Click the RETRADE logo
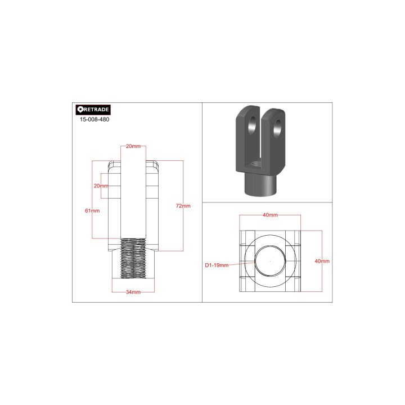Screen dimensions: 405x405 [93, 110]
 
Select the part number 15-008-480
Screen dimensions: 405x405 [95, 120]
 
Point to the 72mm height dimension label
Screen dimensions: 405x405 [183, 206]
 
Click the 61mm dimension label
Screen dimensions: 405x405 [92, 210]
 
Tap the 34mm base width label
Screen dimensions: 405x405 [133, 292]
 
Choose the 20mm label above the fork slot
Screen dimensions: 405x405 [133, 146]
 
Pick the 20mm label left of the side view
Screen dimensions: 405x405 [101, 186]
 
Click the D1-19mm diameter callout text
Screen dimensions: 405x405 [217, 264]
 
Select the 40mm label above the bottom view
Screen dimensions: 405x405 [270, 215]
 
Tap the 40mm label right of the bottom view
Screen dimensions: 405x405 [322, 262]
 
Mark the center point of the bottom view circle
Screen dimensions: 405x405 [270, 261]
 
